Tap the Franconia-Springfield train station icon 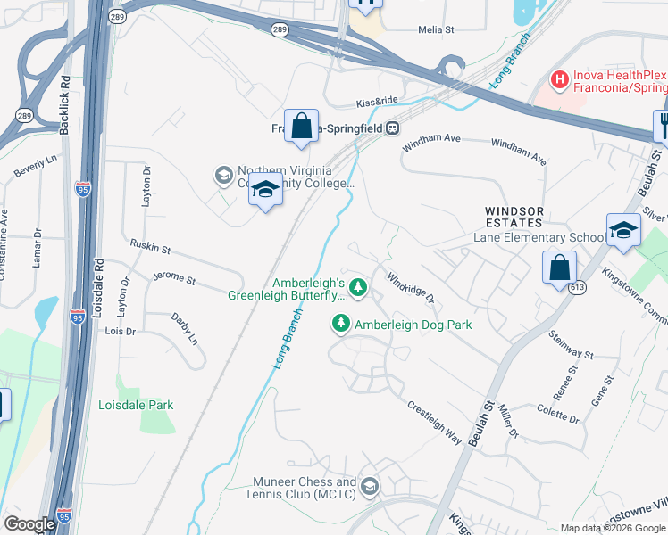[x=392, y=128]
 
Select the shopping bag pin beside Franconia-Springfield [x=302, y=127]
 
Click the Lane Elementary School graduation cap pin [x=622, y=231]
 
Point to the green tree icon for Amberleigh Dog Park [x=340, y=325]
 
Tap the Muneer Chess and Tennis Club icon [x=370, y=487]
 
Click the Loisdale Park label [x=135, y=405]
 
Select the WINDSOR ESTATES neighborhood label [x=514, y=216]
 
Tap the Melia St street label [x=437, y=29]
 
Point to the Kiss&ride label [x=376, y=103]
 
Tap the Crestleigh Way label [x=435, y=424]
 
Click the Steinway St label [x=571, y=343]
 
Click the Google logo [x=29, y=524]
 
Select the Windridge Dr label [x=410, y=286]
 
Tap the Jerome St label [x=174, y=278]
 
